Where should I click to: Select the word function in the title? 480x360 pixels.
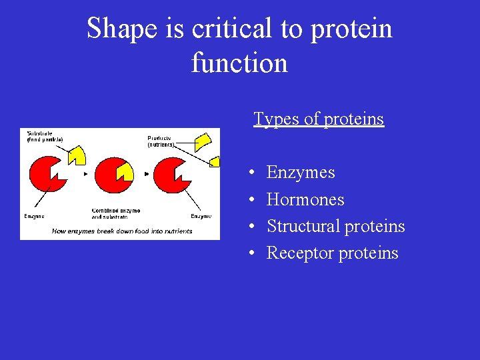pos(239,63)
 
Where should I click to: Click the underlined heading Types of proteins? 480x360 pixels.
pos(319,119)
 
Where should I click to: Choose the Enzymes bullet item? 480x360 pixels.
pos(300,173)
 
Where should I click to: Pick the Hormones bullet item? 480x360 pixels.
pos(305,199)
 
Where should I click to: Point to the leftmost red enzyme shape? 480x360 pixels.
pos(45,175)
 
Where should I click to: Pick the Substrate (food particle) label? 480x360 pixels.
pos(45,136)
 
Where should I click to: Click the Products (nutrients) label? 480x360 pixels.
pos(161,141)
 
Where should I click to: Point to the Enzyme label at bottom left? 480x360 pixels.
pos(35,216)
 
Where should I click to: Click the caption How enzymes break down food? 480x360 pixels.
pos(122,231)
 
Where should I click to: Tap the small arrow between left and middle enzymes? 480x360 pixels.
pos(85,175)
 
